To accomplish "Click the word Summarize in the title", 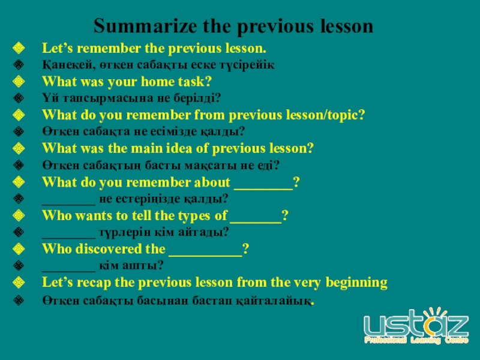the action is coord(145,26).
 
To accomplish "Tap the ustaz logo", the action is coord(416,326).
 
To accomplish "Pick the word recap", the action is coord(94,283).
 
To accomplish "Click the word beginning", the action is coord(356,283).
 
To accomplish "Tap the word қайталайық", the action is coord(274,301).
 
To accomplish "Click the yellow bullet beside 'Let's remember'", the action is coord(19,48).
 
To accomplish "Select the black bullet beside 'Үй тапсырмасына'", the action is coord(19,98).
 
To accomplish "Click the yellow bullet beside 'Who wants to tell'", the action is coord(19,215).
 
